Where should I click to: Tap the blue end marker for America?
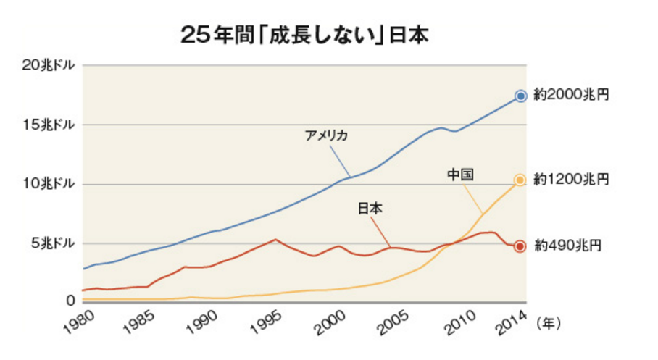(520, 96)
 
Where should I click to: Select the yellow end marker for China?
(520, 180)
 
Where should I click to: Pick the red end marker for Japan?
(520, 246)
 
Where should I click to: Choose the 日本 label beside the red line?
(370, 209)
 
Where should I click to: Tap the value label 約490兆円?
(563, 246)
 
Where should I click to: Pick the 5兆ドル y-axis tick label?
(51, 242)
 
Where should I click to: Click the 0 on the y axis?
(71, 299)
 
